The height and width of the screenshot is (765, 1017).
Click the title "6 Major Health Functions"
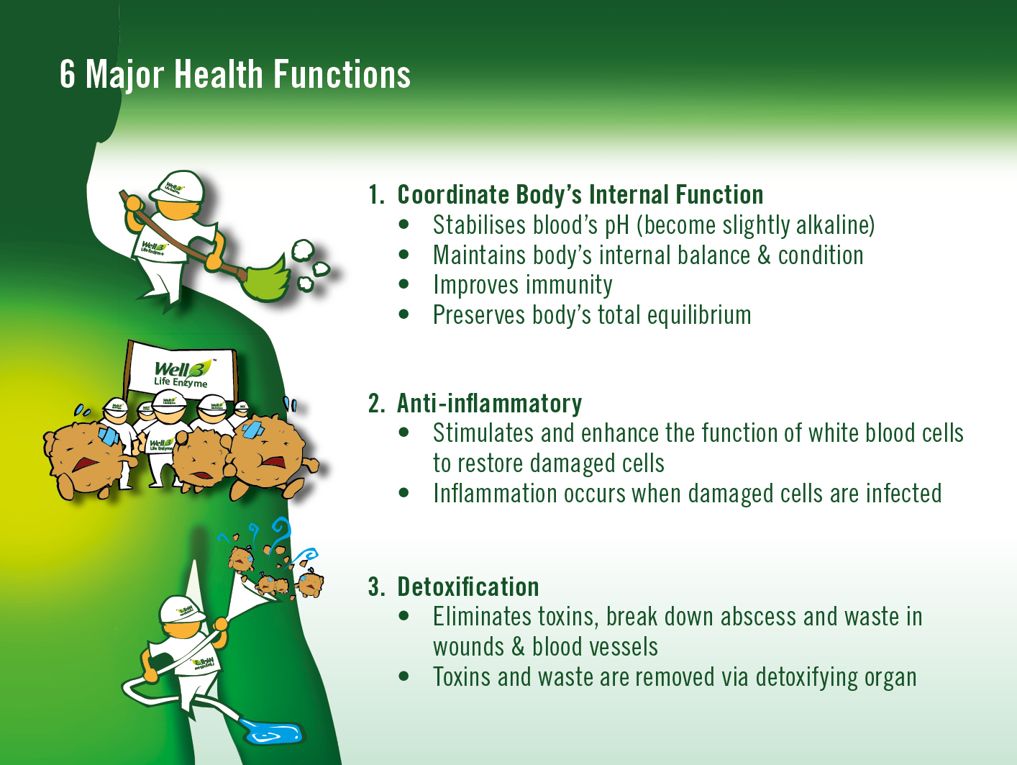coord(235,74)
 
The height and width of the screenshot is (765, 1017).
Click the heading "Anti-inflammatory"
coord(489,403)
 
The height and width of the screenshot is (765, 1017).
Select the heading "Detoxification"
coord(468,587)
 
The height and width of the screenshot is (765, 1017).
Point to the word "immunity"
coord(569,285)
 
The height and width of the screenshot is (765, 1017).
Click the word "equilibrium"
coord(698,315)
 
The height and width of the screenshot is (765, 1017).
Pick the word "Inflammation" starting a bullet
coord(495,493)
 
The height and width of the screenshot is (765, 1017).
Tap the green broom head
coord(266,280)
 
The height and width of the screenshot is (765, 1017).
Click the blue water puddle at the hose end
coord(273,732)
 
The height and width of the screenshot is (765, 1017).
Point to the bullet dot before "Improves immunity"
coord(403,284)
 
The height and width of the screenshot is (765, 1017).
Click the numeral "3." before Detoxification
coord(377,587)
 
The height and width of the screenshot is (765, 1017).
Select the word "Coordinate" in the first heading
coord(453,194)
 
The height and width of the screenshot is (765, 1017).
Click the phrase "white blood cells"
coord(886,433)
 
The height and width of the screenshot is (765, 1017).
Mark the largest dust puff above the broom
coord(303,251)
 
